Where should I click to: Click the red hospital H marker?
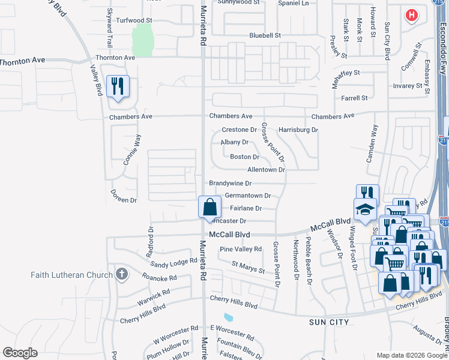coord(411,15)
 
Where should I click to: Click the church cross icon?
coord(121,275)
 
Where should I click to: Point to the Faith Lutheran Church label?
coord(72,275)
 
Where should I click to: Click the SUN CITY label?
coord(329,322)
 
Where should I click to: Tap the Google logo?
coord(20,353)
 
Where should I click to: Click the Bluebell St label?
coord(265,35)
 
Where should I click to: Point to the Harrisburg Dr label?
coord(298,130)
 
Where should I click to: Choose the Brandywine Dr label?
coord(230,183)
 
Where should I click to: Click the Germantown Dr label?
coord(247,196)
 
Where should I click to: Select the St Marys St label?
coord(249,267)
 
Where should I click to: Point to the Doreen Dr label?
coord(124,196)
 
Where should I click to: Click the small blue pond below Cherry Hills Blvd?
coord(229,317)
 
